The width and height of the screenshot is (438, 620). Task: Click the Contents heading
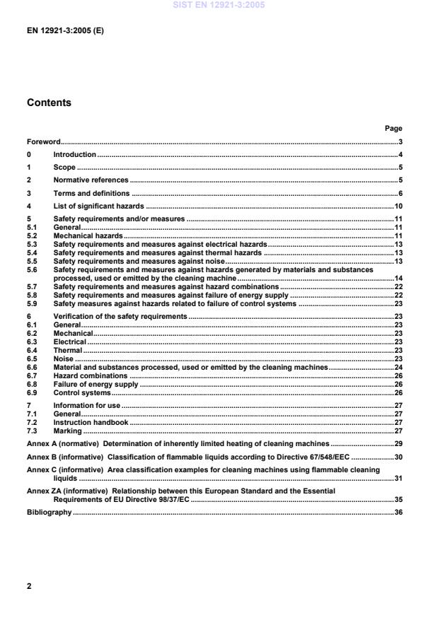[x=49, y=103]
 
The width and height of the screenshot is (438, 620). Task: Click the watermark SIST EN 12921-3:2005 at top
[x=219, y=5]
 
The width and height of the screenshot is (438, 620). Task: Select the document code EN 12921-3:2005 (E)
[x=67, y=32]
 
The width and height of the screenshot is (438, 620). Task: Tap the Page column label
[x=393, y=129]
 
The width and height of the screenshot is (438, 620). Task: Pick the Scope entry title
[x=64, y=168]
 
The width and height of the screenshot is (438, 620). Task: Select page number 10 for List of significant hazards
[x=398, y=206]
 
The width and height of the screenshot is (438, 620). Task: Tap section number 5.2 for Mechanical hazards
[x=33, y=235]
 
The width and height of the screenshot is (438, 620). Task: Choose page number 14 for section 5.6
[x=398, y=278]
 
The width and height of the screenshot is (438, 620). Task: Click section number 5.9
[x=33, y=303]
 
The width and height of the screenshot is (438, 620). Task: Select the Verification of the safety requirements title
[x=120, y=317]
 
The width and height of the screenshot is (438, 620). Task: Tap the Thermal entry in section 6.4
[x=68, y=350]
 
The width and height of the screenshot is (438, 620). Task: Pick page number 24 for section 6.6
[x=398, y=368]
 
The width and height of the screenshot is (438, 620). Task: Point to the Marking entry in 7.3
[x=68, y=431]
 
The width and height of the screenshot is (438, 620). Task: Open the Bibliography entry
[x=49, y=512]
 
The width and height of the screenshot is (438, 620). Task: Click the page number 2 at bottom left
[x=29, y=586]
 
